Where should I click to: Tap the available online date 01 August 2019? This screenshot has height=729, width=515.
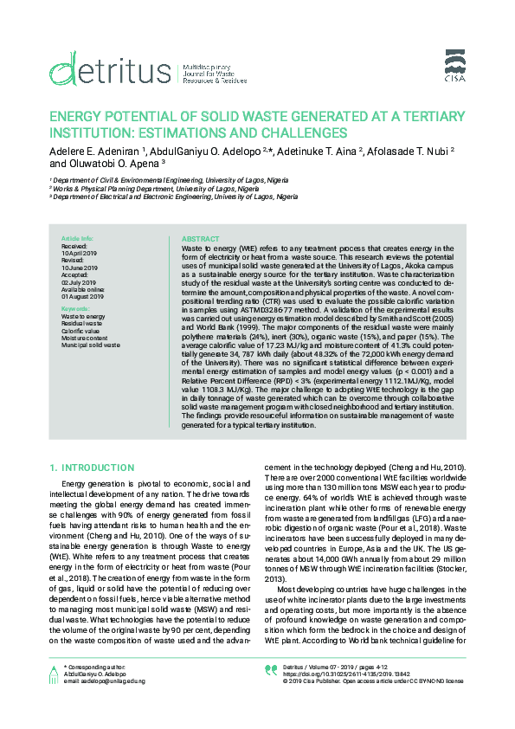(83, 297)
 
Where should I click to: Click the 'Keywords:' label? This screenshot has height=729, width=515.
(75, 309)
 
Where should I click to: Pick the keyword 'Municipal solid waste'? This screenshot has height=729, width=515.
(91, 345)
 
